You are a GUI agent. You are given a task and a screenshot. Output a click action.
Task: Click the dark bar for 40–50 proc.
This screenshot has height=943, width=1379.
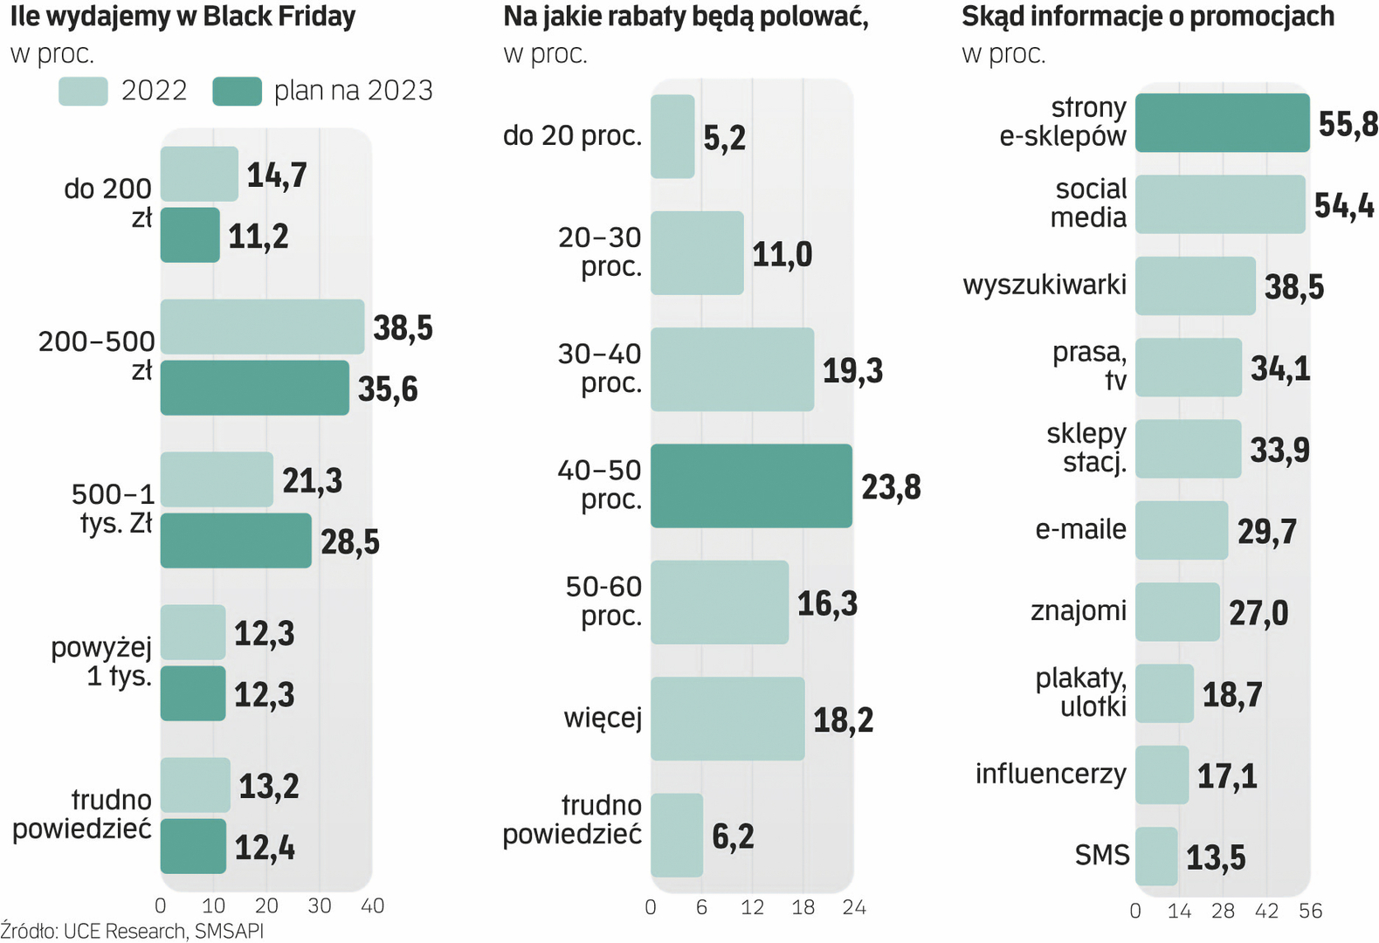tap(751, 485)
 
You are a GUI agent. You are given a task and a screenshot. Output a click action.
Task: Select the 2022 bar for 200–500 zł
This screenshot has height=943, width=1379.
tap(262, 327)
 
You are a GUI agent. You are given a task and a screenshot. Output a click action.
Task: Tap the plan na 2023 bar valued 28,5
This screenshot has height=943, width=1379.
tap(236, 540)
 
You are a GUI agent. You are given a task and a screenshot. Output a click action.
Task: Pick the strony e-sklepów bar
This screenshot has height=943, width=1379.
tap(1222, 123)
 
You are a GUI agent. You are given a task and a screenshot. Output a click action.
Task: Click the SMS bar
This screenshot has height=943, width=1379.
tap(1156, 856)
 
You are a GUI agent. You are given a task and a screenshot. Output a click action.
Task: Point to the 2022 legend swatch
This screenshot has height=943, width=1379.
tap(83, 91)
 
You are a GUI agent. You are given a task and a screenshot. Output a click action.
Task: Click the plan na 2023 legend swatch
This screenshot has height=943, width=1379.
tap(237, 91)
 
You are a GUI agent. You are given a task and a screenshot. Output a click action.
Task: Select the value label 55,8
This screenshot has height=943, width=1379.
tap(1348, 124)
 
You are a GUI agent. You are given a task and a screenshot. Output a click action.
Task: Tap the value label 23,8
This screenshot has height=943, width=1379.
tap(891, 487)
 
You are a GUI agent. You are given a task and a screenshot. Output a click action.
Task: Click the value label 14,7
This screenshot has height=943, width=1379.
tap(277, 175)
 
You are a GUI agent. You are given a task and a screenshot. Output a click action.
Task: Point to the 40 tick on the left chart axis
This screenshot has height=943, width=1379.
tap(372, 906)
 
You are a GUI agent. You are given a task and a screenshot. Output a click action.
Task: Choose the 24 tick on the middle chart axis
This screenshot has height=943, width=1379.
tap(854, 908)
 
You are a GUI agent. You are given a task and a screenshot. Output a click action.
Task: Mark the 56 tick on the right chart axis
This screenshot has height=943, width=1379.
tap(1310, 912)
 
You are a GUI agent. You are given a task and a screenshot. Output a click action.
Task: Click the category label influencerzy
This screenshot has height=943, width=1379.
tap(1051, 774)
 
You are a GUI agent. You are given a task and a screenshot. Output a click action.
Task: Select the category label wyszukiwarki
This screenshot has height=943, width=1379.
tap(1045, 285)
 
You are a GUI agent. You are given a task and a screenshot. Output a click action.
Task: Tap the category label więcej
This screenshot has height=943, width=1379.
tap(603, 719)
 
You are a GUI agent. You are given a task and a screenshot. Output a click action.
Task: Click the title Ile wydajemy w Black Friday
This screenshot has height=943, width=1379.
tap(183, 17)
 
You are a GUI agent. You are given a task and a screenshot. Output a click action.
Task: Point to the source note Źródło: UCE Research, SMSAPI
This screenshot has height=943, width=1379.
tap(132, 931)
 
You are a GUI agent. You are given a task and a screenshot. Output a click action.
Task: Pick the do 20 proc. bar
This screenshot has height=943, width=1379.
tap(672, 136)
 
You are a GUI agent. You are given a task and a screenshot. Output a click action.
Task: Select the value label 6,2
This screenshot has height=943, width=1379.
tap(733, 836)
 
